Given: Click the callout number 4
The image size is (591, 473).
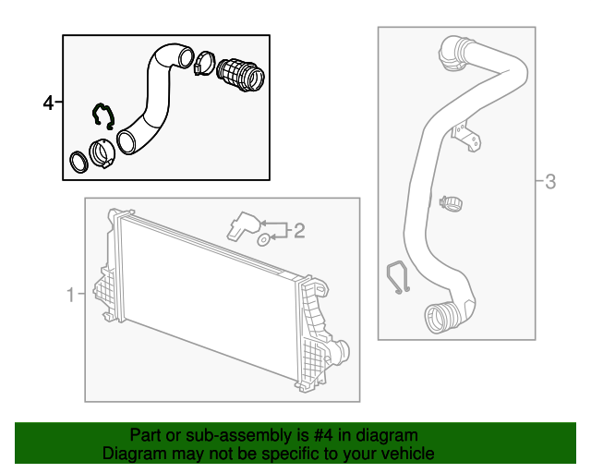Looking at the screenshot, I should click(x=48, y=103).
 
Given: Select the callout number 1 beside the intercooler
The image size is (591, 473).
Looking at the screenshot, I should click(x=70, y=295).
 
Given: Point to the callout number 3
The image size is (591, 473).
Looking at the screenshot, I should click(x=550, y=181).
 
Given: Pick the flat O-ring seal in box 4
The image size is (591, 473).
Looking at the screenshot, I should click(x=80, y=162).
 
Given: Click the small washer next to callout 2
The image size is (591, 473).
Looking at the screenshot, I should click(x=263, y=240).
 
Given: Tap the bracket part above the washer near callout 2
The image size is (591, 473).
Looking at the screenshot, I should click(x=243, y=224).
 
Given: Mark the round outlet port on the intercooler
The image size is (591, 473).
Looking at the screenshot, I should click(x=342, y=352).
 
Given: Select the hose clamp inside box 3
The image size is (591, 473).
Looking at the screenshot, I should click(x=452, y=200).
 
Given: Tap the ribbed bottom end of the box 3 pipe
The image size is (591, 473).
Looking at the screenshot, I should click(x=439, y=318).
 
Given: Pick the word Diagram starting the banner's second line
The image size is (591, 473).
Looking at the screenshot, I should click(x=133, y=454).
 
